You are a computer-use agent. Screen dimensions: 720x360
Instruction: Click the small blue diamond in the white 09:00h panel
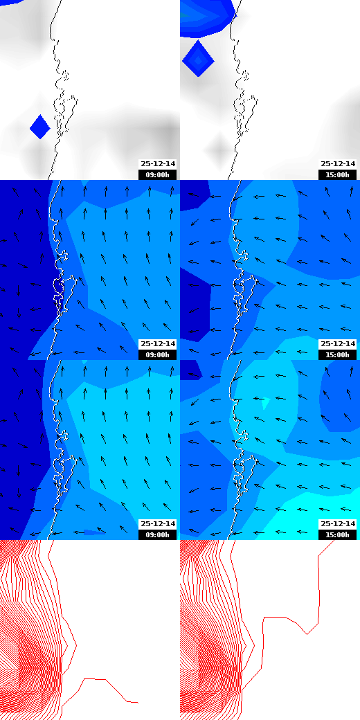coord(40,127)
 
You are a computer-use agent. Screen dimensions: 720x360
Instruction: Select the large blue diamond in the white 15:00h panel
coord(198,60)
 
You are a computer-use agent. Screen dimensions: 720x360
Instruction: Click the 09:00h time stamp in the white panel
coord(158,174)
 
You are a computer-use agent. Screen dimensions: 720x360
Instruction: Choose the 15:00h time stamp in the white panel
coord(337,174)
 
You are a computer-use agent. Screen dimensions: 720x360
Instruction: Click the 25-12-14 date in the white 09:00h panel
coord(158,164)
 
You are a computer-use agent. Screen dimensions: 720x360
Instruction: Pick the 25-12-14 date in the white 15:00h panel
coord(337,164)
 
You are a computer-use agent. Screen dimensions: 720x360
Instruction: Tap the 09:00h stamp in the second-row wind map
coord(158,354)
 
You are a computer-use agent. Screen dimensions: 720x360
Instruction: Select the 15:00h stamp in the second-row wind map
coord(337,354)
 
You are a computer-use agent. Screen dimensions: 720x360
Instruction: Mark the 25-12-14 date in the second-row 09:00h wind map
coord(158,344)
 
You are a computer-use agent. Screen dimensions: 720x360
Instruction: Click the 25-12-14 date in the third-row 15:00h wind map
coord(337,524)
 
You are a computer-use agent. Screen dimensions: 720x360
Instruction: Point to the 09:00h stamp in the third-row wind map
coord(158,534)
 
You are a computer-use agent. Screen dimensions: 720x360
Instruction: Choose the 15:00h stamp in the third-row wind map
coord(337,534)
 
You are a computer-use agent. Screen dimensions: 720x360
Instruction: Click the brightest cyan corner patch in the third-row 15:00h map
coord(339,505)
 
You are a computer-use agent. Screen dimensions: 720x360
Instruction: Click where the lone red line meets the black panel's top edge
coord(334,541)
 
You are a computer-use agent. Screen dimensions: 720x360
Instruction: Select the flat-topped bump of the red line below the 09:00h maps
coord(96,679)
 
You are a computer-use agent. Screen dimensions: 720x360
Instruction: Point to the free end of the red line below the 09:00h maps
coord(137,702)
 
